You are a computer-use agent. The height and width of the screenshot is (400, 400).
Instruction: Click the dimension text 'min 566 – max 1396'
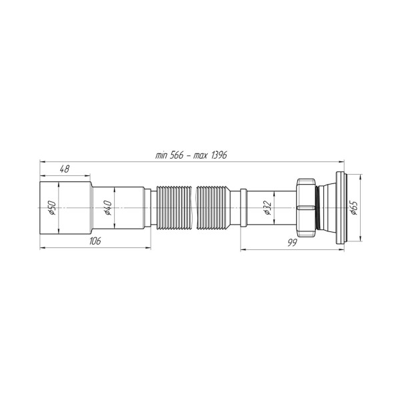pyautogui.click(x=191, y=155)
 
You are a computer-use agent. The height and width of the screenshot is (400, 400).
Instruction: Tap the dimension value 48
pyautogui.click(x=65, y=169)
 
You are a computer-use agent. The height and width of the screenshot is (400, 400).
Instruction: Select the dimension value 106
pyautogui.click(x=95, y=241)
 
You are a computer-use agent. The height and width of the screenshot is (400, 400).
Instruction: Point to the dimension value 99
pyautogui.click(x=293, y=243)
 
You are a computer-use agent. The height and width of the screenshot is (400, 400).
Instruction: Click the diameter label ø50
pyautogui.click(x=52, y=207)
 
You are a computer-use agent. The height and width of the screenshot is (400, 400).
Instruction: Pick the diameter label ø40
pyautogui.click(x=108, y=207)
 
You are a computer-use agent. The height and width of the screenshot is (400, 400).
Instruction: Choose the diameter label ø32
pyautogui.click(x=267, y=207)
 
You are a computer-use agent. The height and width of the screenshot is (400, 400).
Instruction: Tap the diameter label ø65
pyautogui.click(x=354, y=207)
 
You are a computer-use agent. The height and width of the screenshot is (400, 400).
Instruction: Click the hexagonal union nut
pyautogui.click(x=306, y=207)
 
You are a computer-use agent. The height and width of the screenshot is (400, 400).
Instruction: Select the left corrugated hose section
pyautogui.click(x=174, y=207)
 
